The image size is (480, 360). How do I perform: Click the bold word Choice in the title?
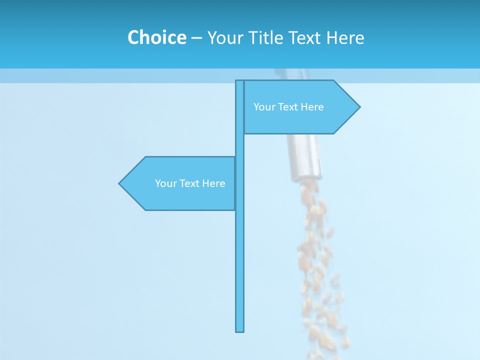(x=156, y=37)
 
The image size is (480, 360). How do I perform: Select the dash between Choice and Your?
(x=196, y=38)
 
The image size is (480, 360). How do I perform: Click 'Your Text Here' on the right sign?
(x=288, y=106)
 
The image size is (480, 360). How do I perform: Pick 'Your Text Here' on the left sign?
(x=190, y=183)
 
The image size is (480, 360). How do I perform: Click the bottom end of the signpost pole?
(x=240, y=330)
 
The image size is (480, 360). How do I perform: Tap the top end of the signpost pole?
(x=240, y=82)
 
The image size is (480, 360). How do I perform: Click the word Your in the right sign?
(x=263, y=106)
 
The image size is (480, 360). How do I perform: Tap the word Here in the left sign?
(x=214, y=183)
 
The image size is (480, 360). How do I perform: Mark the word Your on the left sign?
(x=165, y=183)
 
